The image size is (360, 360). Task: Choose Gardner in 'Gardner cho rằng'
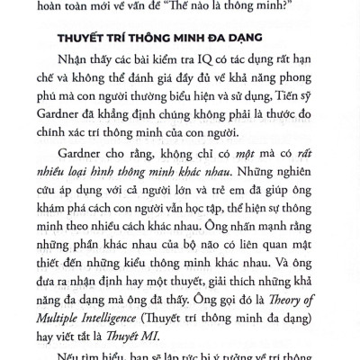click(94, 179)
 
